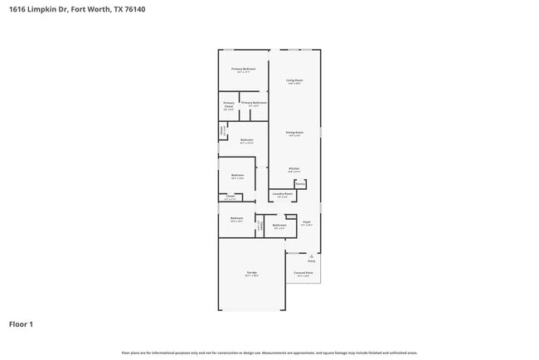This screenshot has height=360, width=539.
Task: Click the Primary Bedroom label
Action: [x=243, y=69]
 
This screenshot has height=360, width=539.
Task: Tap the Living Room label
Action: [x=294, y=80]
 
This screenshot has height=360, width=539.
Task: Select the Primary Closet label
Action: [x=228, y=104]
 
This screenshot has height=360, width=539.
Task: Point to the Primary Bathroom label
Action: [x=254, y=103]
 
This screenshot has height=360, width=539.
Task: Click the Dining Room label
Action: [x=294, y=133]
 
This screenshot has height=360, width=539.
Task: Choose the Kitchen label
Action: [x=294, y=168]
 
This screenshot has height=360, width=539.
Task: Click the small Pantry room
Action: [x=300, y=183]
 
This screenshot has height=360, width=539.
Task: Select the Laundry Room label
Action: [x=283, y=194]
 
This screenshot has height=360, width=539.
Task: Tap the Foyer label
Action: [x=306, y=221]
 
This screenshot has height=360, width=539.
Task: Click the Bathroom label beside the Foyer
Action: [x=279, y=225]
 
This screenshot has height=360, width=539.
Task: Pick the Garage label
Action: [x=251, y=272]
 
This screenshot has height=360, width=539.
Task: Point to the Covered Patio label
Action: [x=303, y=272]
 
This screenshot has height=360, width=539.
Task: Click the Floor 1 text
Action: [x=21, y=324]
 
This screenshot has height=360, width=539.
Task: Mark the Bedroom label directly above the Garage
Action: [x=236, y=218]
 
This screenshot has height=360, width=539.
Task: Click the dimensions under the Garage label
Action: [x=251, y=276]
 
